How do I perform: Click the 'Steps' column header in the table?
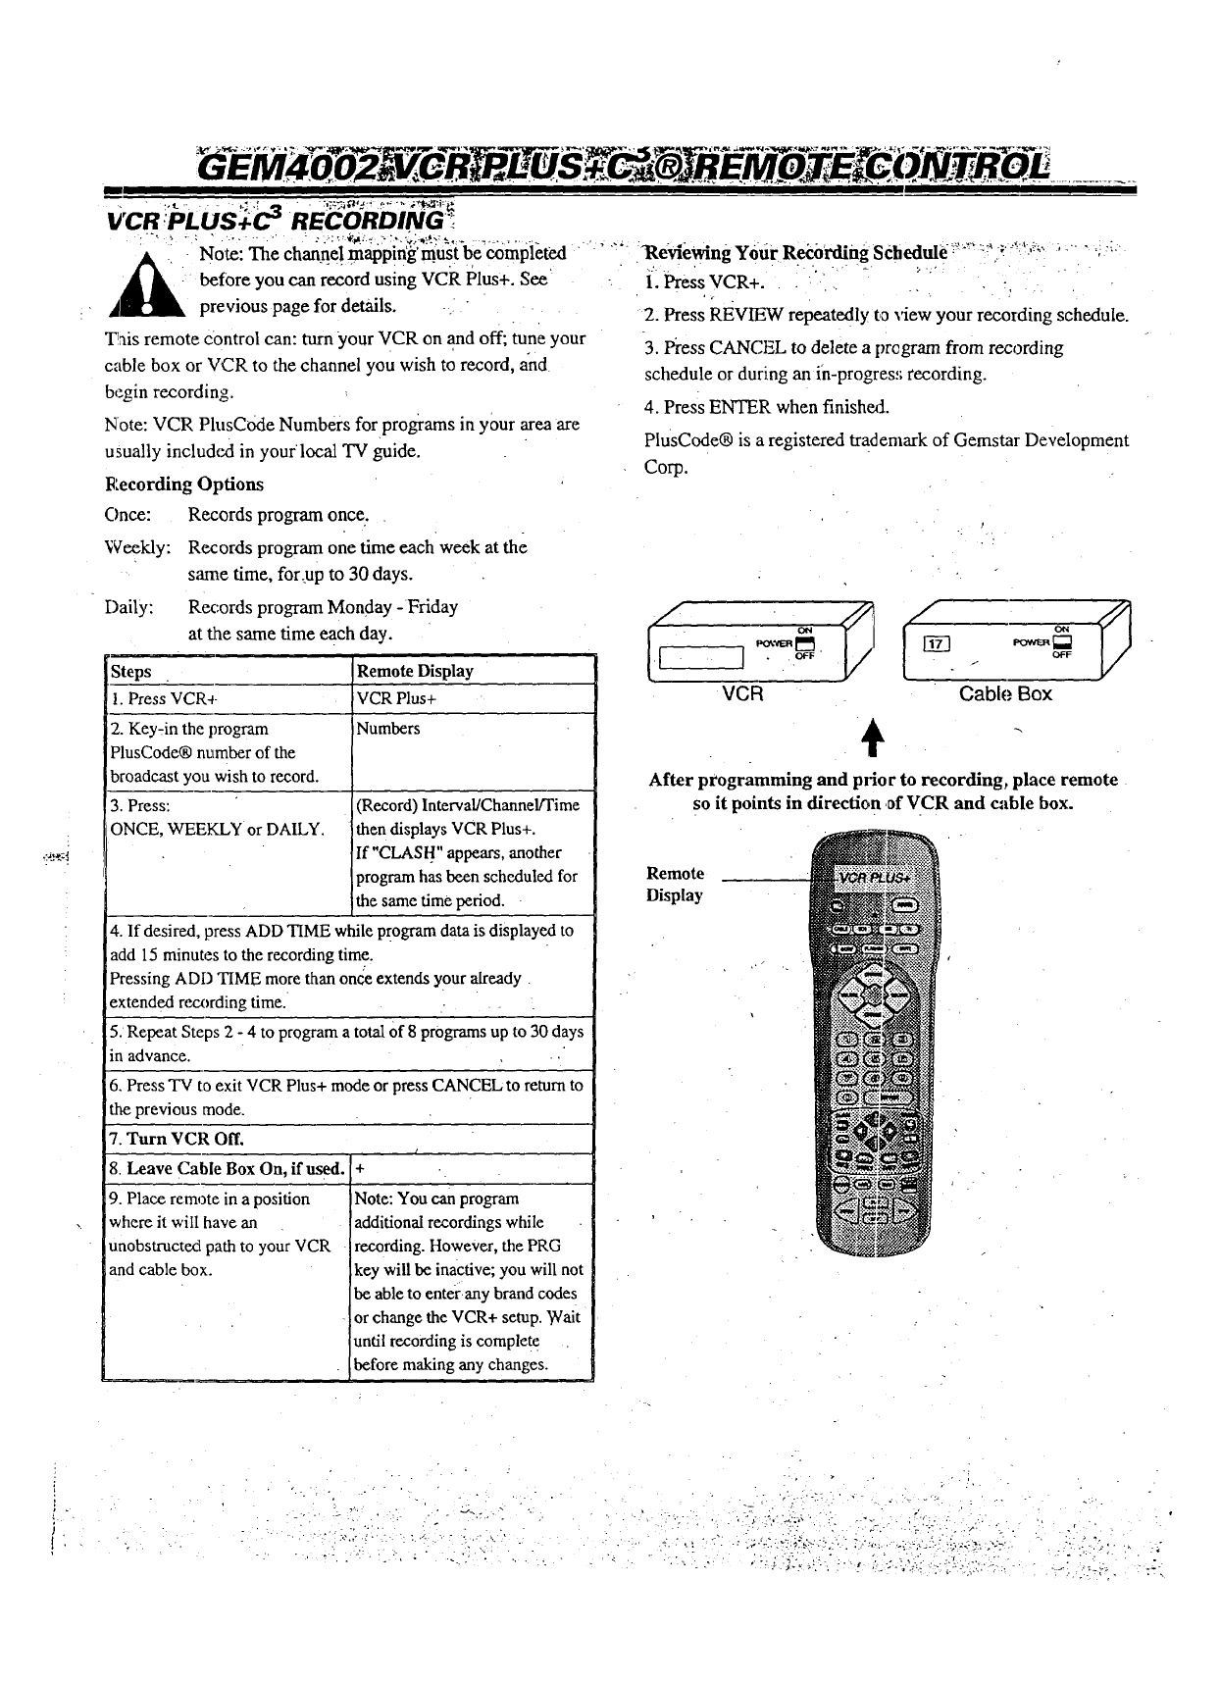click(x=131, y=672)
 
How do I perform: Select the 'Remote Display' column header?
click(x=415, y=672)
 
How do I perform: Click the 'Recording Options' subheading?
click(x=183, y=484)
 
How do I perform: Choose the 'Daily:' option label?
click(x=129, y=607)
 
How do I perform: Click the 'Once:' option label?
click(x=127, y=516)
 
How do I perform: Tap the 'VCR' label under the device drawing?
click(x=742, y=694)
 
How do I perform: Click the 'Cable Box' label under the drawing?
click(x=1005, y=694)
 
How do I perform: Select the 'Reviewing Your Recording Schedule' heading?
click(x=794, y=253)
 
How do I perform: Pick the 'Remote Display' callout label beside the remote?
click(x=675, y=884)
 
